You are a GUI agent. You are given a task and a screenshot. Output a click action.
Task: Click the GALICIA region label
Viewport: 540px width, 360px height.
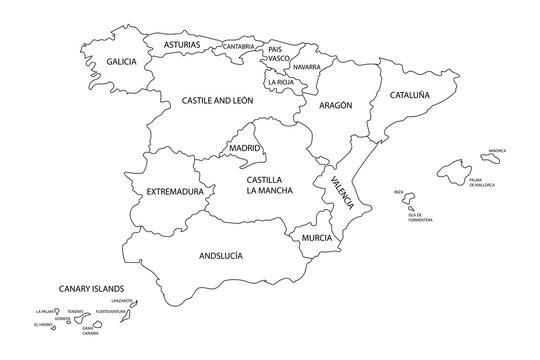(121, 62)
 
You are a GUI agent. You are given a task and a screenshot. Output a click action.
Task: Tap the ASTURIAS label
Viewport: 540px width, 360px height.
(181, 45)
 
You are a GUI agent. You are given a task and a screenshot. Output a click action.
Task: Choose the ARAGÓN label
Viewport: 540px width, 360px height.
(336, 105)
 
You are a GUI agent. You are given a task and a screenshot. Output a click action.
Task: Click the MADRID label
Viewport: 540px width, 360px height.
(245, 148)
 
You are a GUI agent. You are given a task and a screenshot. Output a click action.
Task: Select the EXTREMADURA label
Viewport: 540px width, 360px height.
(175, 190)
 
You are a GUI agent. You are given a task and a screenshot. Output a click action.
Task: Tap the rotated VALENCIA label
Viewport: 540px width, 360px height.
(341, 191)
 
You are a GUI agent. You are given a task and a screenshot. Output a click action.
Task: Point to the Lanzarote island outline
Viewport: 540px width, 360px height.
(132, 303)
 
